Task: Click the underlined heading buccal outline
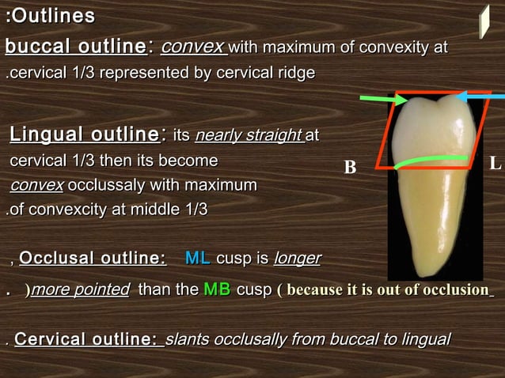[x=75, y=47]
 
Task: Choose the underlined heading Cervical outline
[x=86, y=339]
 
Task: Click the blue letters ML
[x=197, y=258]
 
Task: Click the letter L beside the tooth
[x=495, y=164]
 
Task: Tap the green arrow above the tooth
[x=383, y=100]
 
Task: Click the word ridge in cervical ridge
[x=294, y=74]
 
